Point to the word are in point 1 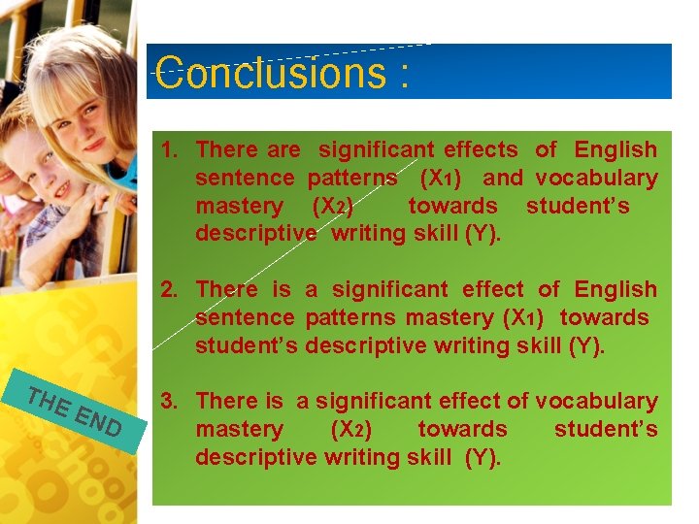(x=283, y=150)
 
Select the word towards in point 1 (x=452, y=207)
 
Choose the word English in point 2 (x=616, y=290)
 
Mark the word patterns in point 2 (x=352, y=318)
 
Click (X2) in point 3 (x=350, y=430)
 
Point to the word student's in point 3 (x=606, y=430)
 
